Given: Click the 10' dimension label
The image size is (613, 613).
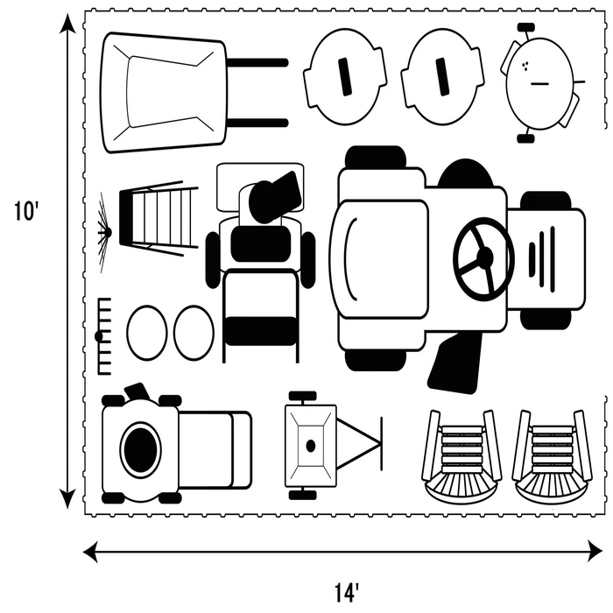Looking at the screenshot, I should (26, 213).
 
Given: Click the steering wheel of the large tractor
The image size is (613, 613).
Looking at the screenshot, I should (483, 258).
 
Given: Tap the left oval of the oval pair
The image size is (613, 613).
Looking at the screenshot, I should (146, 333).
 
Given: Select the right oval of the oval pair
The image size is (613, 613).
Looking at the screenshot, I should (194, 333).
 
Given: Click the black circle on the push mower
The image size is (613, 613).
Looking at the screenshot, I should (140, 449).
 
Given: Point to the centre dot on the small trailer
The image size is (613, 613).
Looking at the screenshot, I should (310, 446).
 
